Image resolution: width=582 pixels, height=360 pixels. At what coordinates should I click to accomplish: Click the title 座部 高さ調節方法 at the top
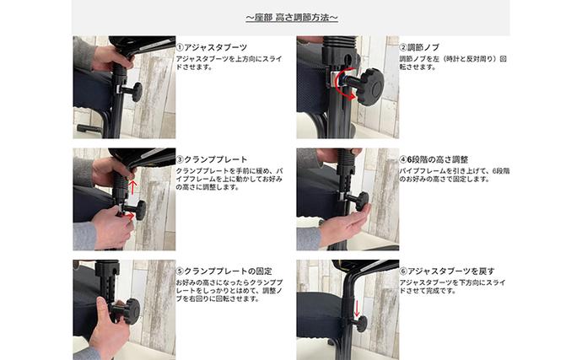coord(291,18)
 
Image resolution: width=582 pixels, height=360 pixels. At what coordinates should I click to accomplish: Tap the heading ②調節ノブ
coord(418,47)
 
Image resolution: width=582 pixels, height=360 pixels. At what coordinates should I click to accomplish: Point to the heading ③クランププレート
coord(212,159)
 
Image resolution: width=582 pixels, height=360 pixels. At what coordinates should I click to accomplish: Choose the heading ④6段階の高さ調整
coord(433,159)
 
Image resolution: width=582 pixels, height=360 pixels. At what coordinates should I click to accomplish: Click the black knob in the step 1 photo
coord(133,92)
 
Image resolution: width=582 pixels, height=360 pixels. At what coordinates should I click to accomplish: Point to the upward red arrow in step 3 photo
coord(133,180)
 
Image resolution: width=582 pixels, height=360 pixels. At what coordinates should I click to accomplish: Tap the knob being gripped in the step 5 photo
coord(127,310)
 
